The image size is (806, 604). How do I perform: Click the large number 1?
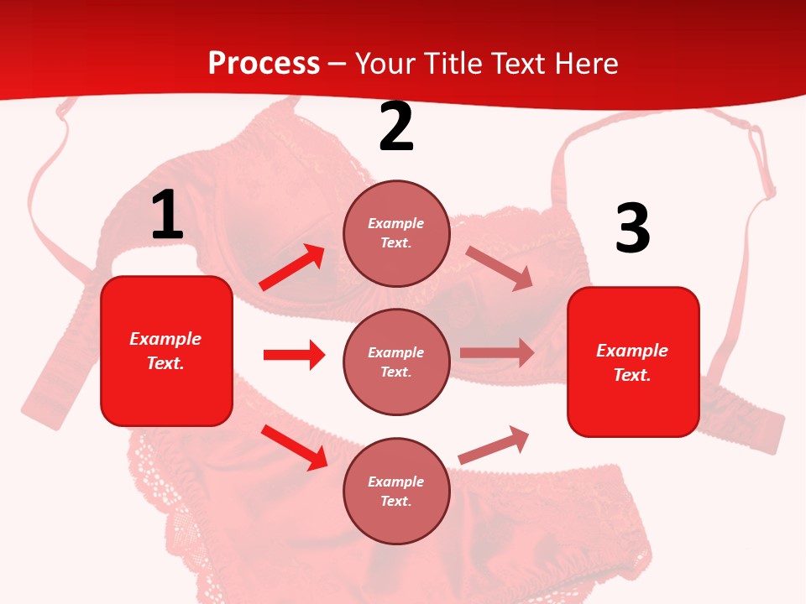click(167, 215)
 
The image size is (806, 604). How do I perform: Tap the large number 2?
click(396, 127)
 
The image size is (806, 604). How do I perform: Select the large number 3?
click(633, 229)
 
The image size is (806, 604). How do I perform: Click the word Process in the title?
click(264, 63)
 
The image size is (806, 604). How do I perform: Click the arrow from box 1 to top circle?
click(292, 268)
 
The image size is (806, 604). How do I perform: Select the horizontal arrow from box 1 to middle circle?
click(294, 355)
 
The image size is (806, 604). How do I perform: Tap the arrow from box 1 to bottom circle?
click(294, 446)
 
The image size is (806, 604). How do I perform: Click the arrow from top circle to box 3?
click(499, 268)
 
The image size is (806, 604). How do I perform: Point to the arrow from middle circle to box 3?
click(496, 353)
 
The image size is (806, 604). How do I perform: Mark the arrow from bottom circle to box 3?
click(494, 445)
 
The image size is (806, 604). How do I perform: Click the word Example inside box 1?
click(165, 339)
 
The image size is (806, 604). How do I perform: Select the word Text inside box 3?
click(631, 375)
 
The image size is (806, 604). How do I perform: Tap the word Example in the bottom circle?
click(396, 482)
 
